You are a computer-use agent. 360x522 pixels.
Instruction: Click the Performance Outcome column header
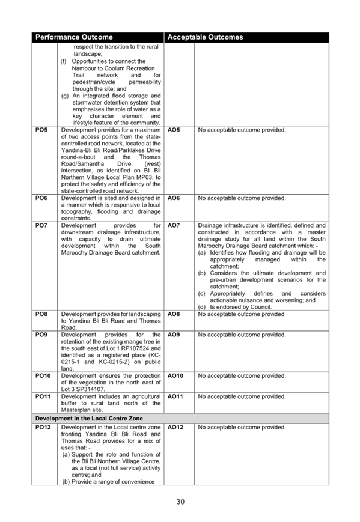point(74,37)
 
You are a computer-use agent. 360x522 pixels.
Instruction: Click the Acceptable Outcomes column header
point(205,37)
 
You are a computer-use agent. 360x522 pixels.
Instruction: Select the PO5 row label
point(41,130)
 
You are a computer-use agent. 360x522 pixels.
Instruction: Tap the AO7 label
point(174,225)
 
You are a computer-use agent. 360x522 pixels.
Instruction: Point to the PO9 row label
point(41,335)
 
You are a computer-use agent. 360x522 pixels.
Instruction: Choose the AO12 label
point(175,427)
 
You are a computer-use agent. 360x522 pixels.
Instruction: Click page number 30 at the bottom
point(180,502)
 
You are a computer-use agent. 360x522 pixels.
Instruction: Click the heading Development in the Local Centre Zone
point(89,419)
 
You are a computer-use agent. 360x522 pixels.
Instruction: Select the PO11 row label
point(43,396)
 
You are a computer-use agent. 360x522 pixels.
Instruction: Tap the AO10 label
point(175,376)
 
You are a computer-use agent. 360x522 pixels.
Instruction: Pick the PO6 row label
point(41,198)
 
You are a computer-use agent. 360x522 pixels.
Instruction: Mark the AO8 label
point(174,314)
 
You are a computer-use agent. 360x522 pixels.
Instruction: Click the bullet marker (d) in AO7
point(202,307)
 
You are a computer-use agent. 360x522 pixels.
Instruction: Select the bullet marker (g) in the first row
point(65,96)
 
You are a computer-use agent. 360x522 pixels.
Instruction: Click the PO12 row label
point(43,427)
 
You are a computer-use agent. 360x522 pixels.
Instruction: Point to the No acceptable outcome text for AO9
point(242,335)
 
